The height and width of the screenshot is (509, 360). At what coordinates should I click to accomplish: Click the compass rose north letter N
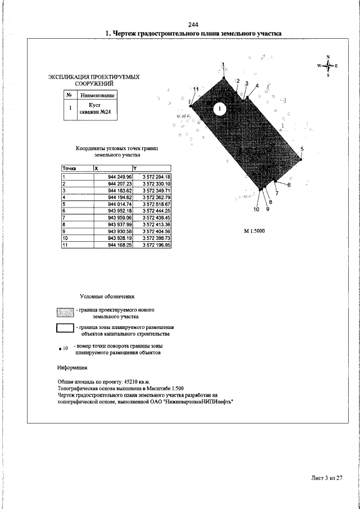coord(328,56)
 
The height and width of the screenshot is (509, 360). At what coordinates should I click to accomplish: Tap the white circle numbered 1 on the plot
coord(220,108)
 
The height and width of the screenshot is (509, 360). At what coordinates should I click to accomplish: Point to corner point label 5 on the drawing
coord(302,149)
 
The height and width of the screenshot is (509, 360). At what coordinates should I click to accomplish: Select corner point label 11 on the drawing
coord(196,89)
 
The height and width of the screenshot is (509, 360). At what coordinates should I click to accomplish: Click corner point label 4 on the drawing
coord(257,85)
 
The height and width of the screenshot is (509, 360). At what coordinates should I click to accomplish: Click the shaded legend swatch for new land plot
coord(65,313)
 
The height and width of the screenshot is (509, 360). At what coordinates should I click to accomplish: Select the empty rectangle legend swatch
coord(65,330)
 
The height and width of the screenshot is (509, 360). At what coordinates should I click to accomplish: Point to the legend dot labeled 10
coord(60,349)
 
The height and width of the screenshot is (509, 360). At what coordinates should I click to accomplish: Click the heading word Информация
coord(73,368)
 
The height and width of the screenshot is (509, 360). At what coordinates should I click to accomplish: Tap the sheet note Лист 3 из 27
coord(327,478)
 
